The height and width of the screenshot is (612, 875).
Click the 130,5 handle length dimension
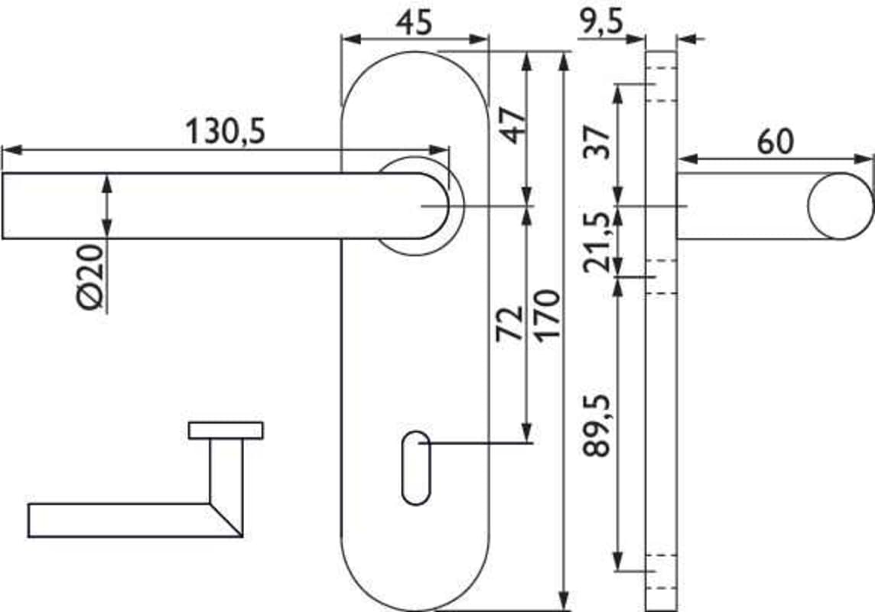point(226,132)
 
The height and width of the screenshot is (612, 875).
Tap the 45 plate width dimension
point(414,23)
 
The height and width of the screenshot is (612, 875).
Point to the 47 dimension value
point(512,125)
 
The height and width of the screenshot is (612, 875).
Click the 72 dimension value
point(509,323)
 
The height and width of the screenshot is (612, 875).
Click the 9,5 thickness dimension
point(600,23)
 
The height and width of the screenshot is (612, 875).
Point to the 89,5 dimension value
point(596,425)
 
